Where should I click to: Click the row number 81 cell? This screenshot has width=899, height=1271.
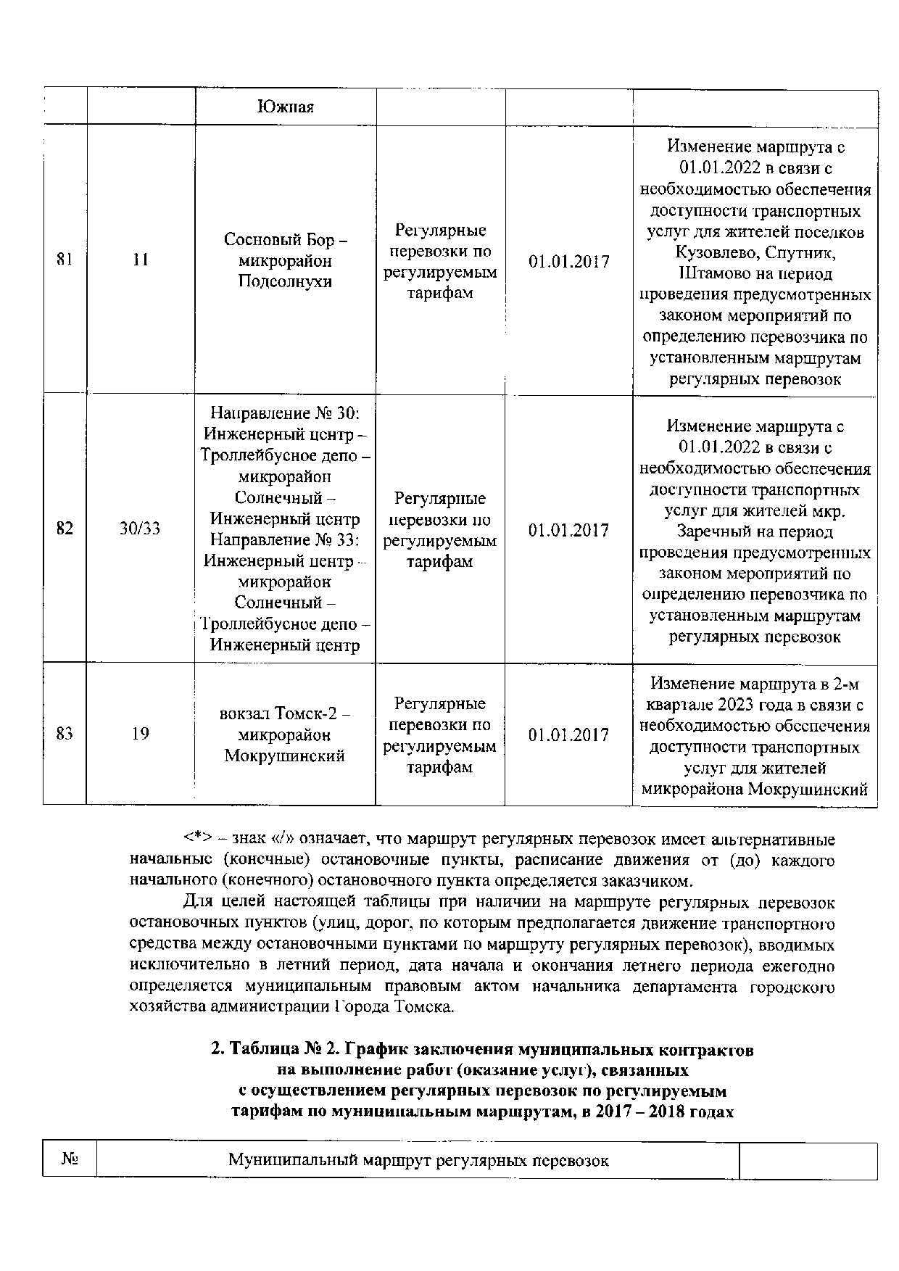[x=65, y=260]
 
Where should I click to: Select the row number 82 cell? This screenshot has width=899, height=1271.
[x=65, y=529]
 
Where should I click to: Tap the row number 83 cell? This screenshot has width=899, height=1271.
[x=65, y=734]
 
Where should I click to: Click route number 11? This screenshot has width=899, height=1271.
[x=141, y=260]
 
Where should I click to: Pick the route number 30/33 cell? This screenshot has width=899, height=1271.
[x=141, y=529]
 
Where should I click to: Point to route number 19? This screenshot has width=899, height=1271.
[x=141, y=734]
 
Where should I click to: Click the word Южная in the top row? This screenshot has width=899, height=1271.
[x=285, y=107]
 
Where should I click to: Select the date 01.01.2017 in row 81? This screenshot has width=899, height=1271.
[x=568, y=262]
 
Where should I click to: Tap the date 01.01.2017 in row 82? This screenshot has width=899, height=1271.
[x=568, y=531]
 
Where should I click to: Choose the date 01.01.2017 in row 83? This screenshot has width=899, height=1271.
[x=568, y=735]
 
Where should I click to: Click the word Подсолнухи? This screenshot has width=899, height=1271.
[x=285, y=281]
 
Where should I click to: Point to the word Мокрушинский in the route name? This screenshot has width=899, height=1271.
[x=285, y=755]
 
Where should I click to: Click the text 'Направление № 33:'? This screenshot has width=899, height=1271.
[x=285, y=539]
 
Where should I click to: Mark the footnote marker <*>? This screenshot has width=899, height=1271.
[x=196, y=839]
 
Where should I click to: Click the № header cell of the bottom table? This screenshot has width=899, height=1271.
[x=69, y=1160]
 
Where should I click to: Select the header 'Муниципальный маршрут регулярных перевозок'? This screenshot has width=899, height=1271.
[x=418, y=1160]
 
